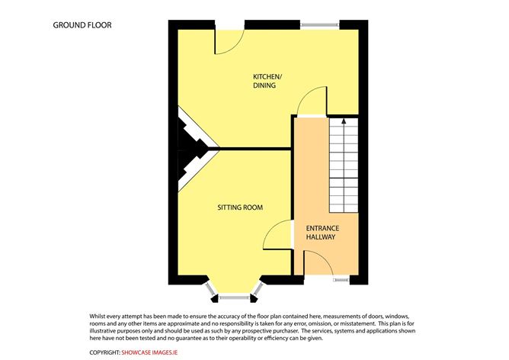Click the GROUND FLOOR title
[82, 25]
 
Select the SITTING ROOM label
[240, 207]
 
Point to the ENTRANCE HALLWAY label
[322, 233]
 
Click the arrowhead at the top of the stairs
[344, 121]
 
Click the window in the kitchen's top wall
[320, 24]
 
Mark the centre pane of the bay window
[235, 297]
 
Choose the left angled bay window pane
[210, 288]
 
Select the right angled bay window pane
[259, 288]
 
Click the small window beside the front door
[341, 279]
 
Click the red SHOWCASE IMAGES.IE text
[149, 352]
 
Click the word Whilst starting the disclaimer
[96, 316]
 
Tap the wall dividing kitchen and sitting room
[255, 149]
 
